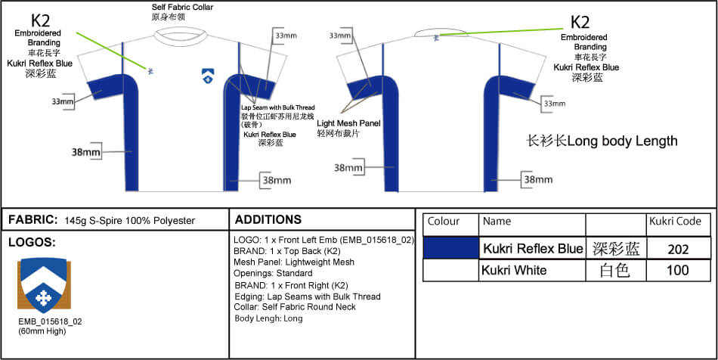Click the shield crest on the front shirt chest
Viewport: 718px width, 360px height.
(207, 75)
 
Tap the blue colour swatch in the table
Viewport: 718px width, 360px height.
(450, 248)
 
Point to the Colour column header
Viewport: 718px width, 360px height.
(444, 222)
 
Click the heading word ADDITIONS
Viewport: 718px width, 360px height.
(268, 220)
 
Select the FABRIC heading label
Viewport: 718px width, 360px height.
(32, 220)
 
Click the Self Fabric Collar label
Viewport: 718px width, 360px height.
(182, 8)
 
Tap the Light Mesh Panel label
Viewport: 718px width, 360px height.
(349, 123)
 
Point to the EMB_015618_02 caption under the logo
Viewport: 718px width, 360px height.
(50, 321)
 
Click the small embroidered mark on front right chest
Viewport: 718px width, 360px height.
(150, 71)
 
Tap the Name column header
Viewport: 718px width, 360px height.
(497, 222)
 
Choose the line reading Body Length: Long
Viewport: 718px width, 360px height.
(268, 318)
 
